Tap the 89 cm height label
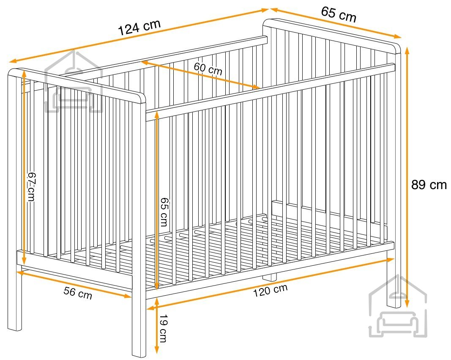(x=429, y=185)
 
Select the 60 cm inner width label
(x=208, y=69)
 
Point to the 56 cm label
(x=78, y=293)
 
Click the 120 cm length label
(x=271, y=290)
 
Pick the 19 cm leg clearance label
(x=163, y=328)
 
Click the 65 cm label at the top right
(x=339, y=14)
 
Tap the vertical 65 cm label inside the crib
(x=164, y=212)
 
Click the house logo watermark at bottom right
(x=398, y=306)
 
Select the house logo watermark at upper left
(x=74, y=82)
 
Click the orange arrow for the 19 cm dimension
(x=157, y=326)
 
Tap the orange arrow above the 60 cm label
(x=200, y=74)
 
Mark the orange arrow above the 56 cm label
(x=74, y=284)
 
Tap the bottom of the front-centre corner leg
(x=139, y=356)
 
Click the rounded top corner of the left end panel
(x=142, y=97)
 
